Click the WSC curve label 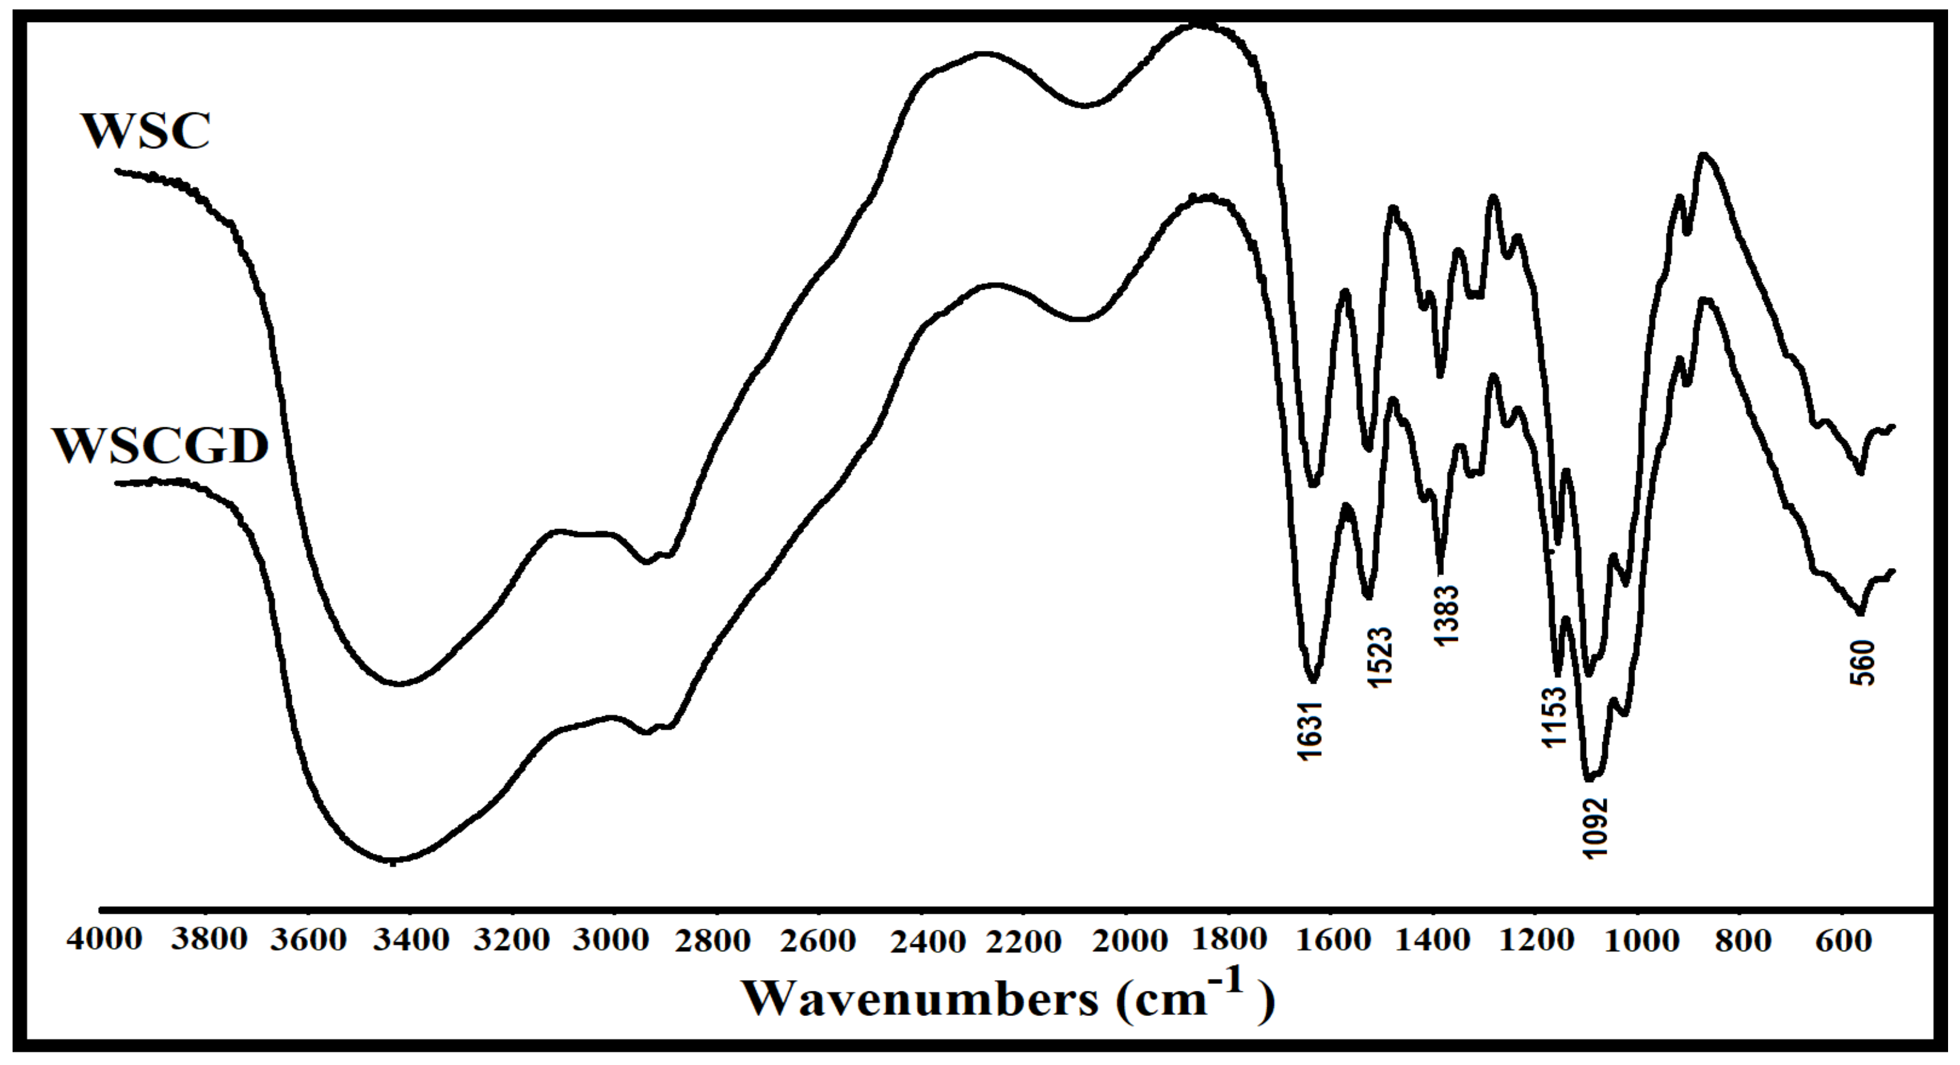[145, 131]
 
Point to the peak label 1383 [1446, 614]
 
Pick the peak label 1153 [1555, 716]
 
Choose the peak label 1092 [1595, 827]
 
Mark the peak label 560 [1863, 664]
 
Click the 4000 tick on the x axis [104, 940]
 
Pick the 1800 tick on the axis [1229, 940]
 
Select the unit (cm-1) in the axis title [1194, 997]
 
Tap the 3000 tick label [611, 940]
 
